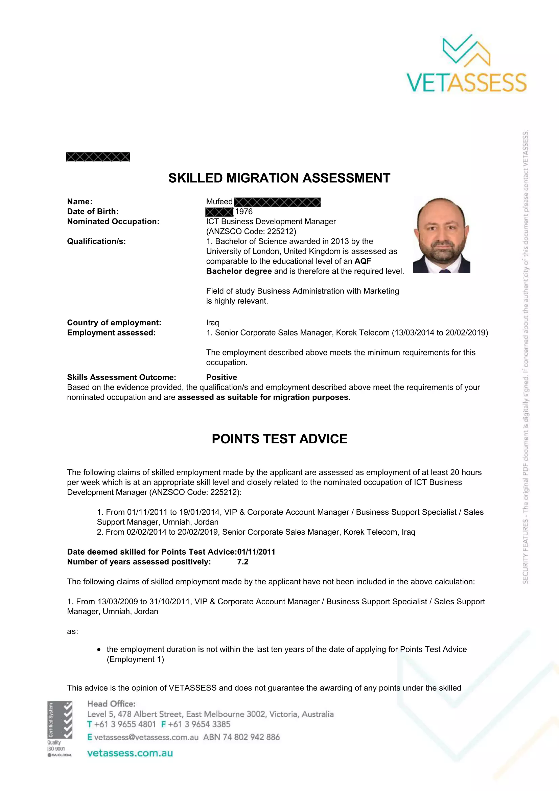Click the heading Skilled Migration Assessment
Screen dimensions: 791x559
[279, 178]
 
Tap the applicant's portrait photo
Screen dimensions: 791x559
[442, 235]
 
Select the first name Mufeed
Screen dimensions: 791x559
[219, 202]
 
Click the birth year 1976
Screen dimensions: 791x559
[244, 211]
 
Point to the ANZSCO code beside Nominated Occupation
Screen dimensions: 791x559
[251, 231]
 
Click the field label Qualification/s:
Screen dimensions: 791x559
[96, 241]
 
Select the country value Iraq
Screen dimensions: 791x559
[212, 323]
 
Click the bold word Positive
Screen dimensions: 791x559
[222, 377]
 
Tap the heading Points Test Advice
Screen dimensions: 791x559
[279, 439]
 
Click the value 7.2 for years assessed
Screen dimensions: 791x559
[242, 562]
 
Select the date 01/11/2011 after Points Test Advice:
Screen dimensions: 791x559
[256, 552]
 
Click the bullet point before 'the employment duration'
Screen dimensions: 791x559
[99, 649]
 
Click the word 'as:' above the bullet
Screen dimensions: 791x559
[73, 631]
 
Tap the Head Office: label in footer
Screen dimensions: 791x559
[112, 703]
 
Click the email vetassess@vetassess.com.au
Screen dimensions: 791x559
[146, 737]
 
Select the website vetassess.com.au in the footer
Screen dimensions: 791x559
[130, 753]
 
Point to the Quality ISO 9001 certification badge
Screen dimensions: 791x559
[60, 729]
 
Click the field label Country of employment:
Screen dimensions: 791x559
[114, 323]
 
